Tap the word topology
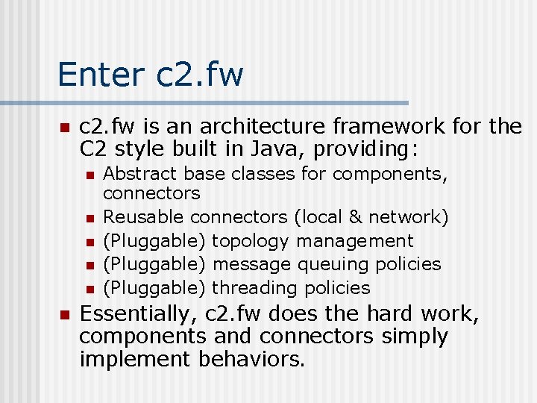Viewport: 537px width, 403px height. tap(251, 241)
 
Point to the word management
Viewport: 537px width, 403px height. tap(355, 241)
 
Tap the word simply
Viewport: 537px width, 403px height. tap(415, 337)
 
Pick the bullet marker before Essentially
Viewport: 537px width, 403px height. tap(63, 314)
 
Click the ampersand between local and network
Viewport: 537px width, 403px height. tap(355, 217)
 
